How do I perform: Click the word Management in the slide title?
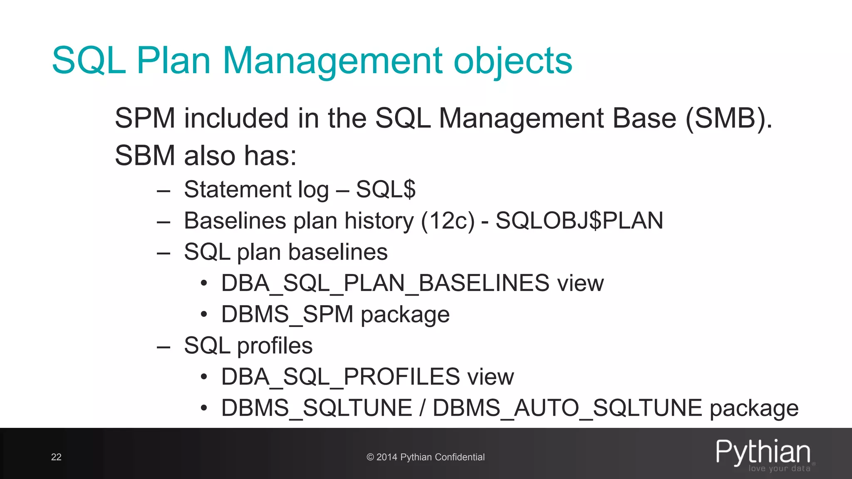(333, 62)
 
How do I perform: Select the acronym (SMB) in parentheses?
(728, 119)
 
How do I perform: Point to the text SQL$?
(386, 189)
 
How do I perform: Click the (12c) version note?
(448, 221)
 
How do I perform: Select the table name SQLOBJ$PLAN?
(579, 221)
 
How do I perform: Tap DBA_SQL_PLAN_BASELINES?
(385, 283)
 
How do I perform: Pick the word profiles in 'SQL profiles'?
(275, 346)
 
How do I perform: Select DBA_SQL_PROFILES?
(340, 377)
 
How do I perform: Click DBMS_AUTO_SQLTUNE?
(567, 408)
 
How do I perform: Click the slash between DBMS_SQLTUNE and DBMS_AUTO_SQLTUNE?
(423, 408)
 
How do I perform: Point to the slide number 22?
(56, 457)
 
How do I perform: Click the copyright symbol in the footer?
(370, 457)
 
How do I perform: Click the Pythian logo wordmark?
(763, 452)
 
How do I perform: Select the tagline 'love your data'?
(779, 469)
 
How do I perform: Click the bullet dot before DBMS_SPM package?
(203, 315)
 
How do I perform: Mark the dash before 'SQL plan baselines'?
(163, 253)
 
